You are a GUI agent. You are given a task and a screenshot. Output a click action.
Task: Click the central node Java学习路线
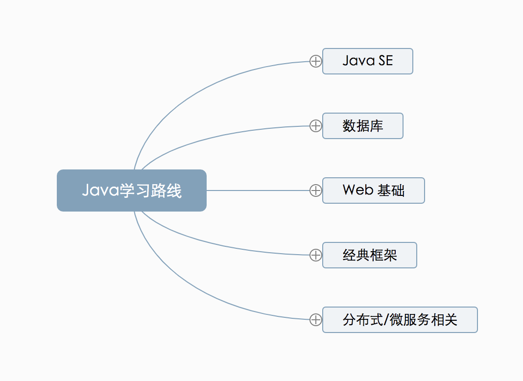point(131,190)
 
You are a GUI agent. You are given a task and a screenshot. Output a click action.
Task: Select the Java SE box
point(367,61)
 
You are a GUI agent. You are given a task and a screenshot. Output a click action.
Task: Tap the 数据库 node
point(362,126)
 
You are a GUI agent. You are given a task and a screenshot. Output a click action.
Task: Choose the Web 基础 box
point(373,190)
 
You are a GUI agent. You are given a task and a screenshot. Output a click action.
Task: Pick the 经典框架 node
point(369,255)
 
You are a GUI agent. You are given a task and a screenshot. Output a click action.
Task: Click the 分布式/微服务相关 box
point(400,320)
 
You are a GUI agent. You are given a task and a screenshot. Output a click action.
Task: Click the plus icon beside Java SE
point(316,61)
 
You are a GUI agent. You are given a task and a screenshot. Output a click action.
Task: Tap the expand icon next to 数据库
point(316,126)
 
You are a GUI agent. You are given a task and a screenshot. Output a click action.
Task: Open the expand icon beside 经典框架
point(316,255)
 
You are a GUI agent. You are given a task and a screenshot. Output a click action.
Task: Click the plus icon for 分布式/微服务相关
point(316,320)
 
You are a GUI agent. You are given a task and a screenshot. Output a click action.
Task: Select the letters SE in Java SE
point(385,61)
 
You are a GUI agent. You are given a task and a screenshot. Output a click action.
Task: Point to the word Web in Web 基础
point(358,190)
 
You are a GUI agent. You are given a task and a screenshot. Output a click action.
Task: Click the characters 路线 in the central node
point(167,190)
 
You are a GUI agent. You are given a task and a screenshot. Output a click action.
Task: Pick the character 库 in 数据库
point(376,126)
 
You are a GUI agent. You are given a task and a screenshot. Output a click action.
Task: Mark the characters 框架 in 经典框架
point(383,255)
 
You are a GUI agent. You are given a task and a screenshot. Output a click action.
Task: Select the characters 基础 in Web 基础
point(391,190)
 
